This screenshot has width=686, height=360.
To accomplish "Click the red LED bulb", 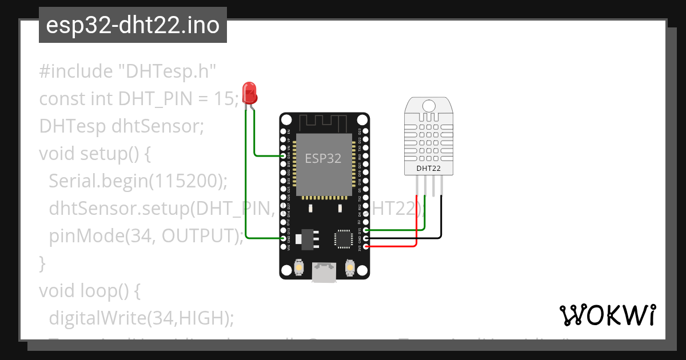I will pyautogui.click(x=249, y=91).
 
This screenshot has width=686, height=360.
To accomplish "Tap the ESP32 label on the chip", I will pyautogui.click(x=323, y=158).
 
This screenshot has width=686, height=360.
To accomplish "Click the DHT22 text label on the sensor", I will pyautogui.click(x=428, y=168).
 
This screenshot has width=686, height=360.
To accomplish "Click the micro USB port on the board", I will pyautogui.click(x=324, y=273).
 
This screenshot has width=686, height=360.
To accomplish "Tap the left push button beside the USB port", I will pyautogui.click(x=298, y=267).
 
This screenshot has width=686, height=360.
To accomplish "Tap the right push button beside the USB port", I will pyautogui.click(x=350, y=267).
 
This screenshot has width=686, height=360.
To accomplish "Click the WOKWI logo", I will pyautogui.click(x=607, y=315).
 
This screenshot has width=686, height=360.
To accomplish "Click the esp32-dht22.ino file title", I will pyautogui.click(x=133, y=26).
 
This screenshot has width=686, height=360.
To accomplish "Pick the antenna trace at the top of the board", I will pyautogui.click(x=324, y=121).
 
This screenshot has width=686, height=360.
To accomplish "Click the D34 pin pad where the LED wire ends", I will pyautogui.click(x=283, y=155).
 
